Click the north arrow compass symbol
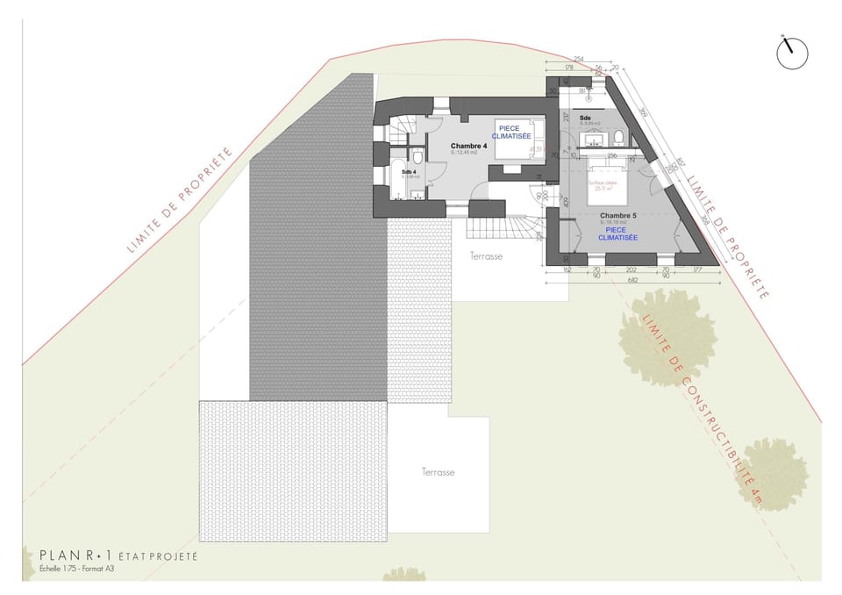pyautogui.click(x=792, y=53)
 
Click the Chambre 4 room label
pyautogui.click(x=469, y=146)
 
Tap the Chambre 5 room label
pyautogui.click(x=617, y=215)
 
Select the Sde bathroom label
pyautogui.click(x=585, y=117)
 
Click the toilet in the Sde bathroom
pyautogui.click(x=618, y=137)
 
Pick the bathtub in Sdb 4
pyautogui.click(x=397, y=168)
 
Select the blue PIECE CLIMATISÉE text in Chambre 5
pyautogui.click(x=617, y=233)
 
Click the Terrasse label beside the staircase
pyautogui.click(x=486, y=255)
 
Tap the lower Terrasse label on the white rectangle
pyautogui.click(x=438, y=472)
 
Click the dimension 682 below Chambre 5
pyautogui.click(x=632, y=279)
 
